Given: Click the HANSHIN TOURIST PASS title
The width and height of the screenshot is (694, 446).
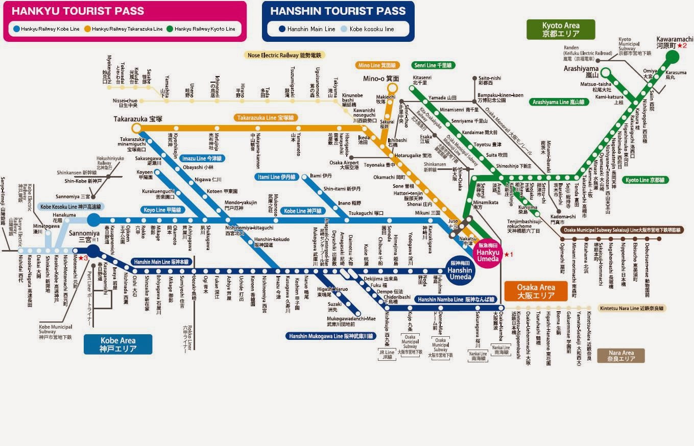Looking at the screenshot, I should click(x=338, y=11).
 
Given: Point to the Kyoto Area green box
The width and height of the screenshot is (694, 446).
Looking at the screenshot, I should click(x=560, y=30).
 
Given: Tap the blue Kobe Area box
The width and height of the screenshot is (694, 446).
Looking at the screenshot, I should click(x=117, y=344).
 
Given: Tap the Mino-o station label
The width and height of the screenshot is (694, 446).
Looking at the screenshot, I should click(x=381, y=79).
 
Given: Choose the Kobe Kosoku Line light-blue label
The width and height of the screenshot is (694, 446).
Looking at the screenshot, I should click(x=70, y=207).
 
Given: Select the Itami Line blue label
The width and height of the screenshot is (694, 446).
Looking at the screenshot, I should click(x=276, y=177).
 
